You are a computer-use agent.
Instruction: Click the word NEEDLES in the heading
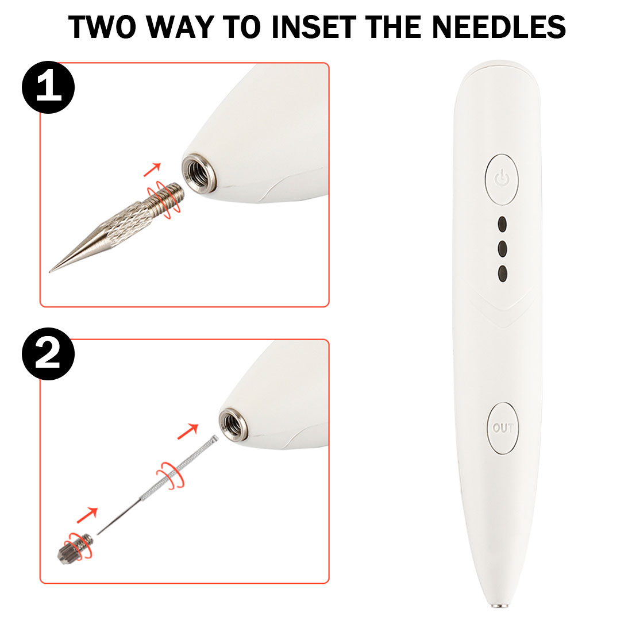[x=499, y=27]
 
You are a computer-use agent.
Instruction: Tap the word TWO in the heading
[x=102, y=27]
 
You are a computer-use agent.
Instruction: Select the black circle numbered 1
[x=48, y=87]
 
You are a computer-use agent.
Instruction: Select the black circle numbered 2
[x=48, y=353]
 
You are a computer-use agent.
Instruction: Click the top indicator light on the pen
[x=502, y=224]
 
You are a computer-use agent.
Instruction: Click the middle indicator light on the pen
[x=502, y=249]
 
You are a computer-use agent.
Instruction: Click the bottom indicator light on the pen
[x=502, y=273]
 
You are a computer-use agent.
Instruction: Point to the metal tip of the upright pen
[x=499, y=605]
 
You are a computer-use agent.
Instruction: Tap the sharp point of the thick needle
[x=50, y=272]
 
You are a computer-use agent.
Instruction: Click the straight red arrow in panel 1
[x=152, y=169]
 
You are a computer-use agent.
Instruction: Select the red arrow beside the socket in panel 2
[x=188, y=431]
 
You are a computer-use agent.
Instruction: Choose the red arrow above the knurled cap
[x=87, y=515]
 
